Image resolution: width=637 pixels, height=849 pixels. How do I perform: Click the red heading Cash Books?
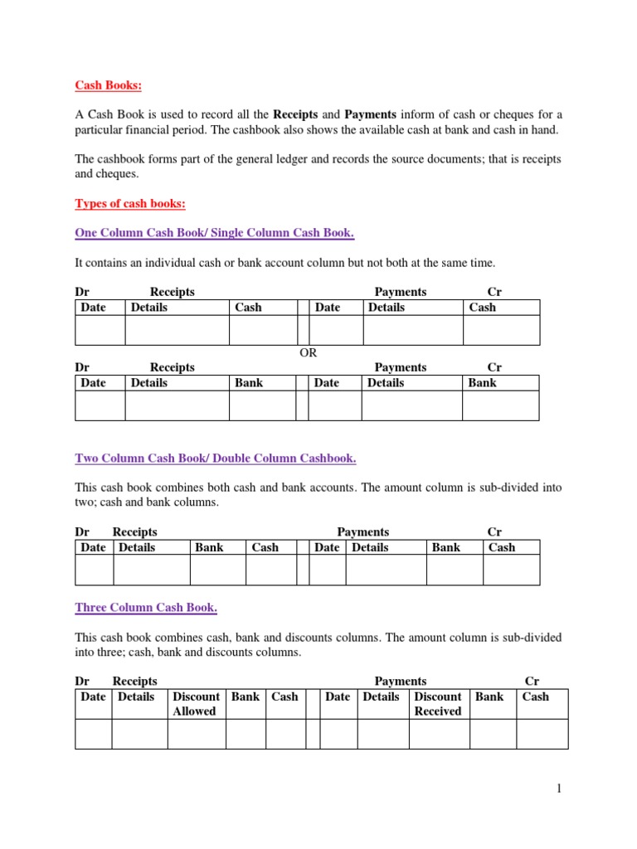click(109, 85)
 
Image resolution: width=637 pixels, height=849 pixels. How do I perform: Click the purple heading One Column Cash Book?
click(215, 233)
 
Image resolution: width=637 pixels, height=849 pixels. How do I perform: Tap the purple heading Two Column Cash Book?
click(216, 458)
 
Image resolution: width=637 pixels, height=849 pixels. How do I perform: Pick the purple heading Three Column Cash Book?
click(146, 608)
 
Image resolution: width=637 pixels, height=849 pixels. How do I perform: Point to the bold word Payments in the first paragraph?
click(372, 114)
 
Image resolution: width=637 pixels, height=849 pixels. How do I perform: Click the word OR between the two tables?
click(308, 352)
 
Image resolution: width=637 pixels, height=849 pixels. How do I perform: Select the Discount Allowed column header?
click(196, 704)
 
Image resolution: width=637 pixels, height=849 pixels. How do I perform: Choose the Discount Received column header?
click(437, 704)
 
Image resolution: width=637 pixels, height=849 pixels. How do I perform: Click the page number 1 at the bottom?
click(559, 788)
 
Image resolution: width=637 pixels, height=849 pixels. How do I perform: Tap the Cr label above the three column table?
click(532, 682)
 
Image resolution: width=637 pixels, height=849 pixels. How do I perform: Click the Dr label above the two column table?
click(82, 532)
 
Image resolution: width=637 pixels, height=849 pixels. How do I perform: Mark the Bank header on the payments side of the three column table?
click(489, 696)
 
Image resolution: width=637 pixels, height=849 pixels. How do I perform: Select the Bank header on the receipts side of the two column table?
click(209, 547)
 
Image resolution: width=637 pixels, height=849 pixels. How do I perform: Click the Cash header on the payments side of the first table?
click(483, 308)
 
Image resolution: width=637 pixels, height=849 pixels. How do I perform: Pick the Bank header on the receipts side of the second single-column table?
click(249, 383)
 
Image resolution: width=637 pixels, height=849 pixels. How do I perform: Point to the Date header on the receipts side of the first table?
click(93, 308)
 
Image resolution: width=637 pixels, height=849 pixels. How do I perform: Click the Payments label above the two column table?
click(362, 532)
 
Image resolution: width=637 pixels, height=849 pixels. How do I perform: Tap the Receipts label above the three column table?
click(134, 682)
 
